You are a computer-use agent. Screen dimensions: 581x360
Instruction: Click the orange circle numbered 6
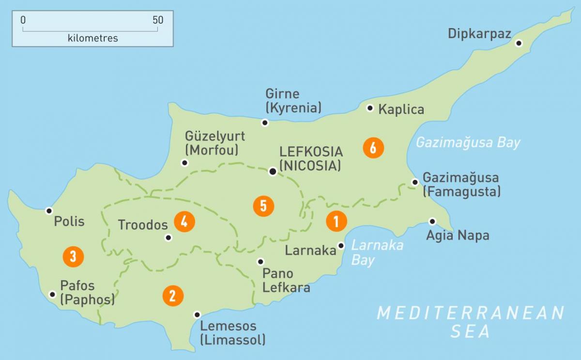coord(373,148)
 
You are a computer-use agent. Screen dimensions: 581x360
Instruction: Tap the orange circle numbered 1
coord(336,221)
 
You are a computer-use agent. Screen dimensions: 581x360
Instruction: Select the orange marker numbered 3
coord(73,256)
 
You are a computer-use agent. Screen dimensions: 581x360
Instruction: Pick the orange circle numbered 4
coord(184,222)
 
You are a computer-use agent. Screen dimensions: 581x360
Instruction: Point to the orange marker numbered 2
coord(173,295)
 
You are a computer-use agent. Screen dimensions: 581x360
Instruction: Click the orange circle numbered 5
coord(263,206)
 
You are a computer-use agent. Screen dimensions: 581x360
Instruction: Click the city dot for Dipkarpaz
coord(519,43)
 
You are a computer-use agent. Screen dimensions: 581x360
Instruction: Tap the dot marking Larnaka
coord(341,246)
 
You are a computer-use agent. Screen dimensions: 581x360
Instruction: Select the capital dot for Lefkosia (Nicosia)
coord(273,171)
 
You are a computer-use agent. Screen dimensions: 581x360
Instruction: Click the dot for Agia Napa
coord(432,222)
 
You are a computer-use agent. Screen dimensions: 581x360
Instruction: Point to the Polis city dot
coord(48,210)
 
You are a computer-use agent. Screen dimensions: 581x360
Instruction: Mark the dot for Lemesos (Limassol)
coord(197,315)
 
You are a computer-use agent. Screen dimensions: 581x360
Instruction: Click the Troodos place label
coord(143,225)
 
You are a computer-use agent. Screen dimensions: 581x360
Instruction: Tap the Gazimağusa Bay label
coord(468,143)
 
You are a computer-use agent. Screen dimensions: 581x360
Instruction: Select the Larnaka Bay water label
coord(377,252)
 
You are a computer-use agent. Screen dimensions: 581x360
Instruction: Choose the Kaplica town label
coord(401,109)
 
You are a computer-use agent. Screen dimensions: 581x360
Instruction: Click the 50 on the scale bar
coord(158,20)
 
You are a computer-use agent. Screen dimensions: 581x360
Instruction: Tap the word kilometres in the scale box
coord(93,38)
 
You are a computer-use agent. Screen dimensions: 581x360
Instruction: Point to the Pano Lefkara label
coord(286,280)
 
